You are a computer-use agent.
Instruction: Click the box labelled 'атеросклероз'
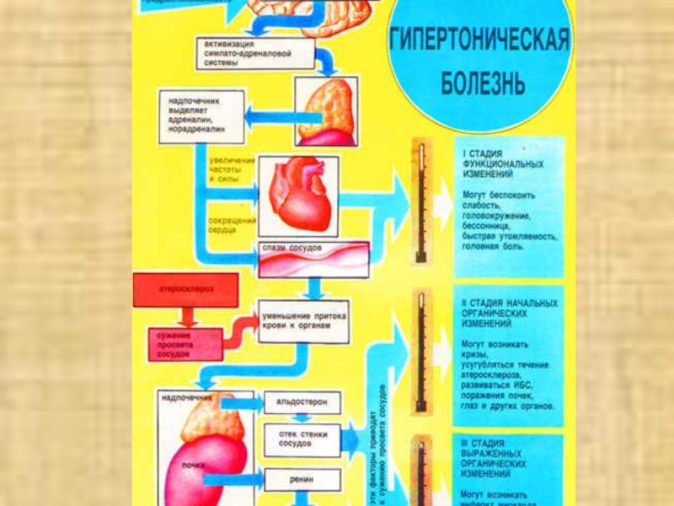186,289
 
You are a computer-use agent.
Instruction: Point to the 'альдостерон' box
302,401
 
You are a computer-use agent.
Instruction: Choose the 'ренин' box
302,479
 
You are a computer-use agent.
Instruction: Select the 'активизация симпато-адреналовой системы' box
255,52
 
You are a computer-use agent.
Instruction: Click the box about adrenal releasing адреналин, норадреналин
201,115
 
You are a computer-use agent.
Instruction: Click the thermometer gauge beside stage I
420,202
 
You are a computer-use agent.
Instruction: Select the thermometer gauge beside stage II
420,353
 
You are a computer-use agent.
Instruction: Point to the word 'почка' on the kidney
194,465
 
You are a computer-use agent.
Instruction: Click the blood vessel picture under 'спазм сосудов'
313,263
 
